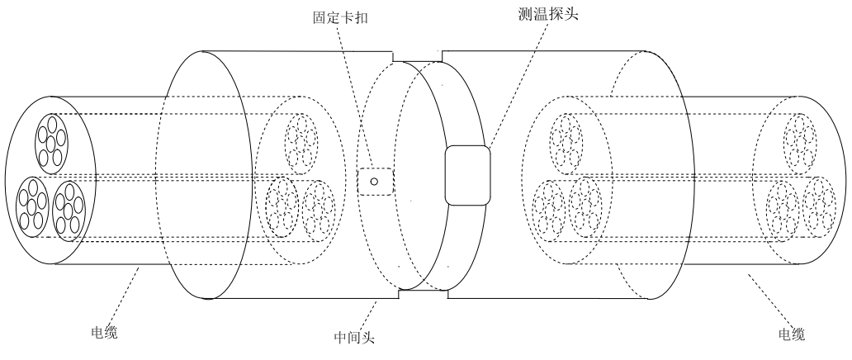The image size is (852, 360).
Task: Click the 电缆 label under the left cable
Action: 104,334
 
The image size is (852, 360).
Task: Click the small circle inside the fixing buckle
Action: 374,182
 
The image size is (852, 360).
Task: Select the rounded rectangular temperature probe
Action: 467,175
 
